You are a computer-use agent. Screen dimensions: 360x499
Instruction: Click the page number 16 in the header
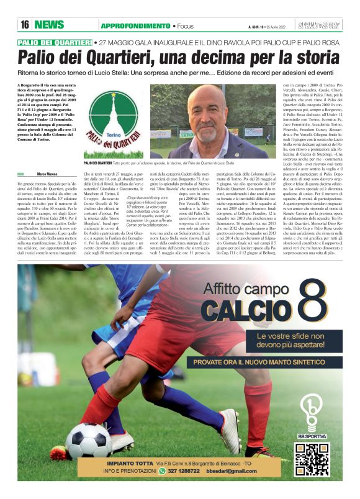click(x=25, y=25)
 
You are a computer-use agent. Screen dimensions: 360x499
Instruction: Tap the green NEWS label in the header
click(x=49, y=25)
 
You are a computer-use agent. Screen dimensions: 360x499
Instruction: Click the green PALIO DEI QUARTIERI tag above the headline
click(x=55, y=42)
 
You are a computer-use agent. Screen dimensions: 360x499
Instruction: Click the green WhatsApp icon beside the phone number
click(x=162, y=471)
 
